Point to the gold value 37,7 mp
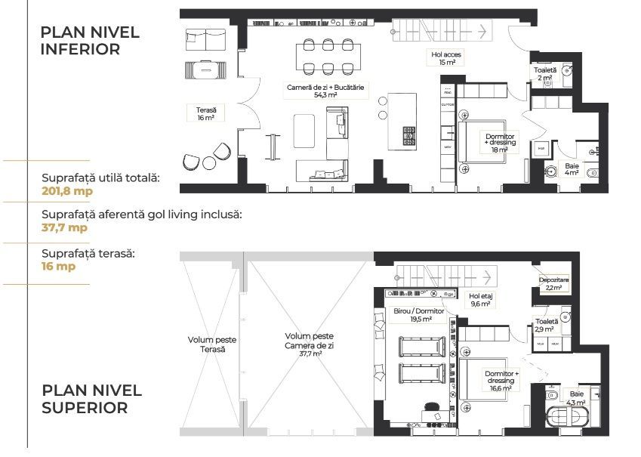pos(64,227)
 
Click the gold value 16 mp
pos(59,266)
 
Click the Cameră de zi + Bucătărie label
pos(325,91)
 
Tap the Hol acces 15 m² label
pos(446,58)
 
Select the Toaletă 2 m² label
pos(544,74)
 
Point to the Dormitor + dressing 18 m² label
pos(495,142)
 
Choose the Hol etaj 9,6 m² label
pos(480,300)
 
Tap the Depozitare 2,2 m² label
pos(553,283)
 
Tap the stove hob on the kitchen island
pos(409,136)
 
